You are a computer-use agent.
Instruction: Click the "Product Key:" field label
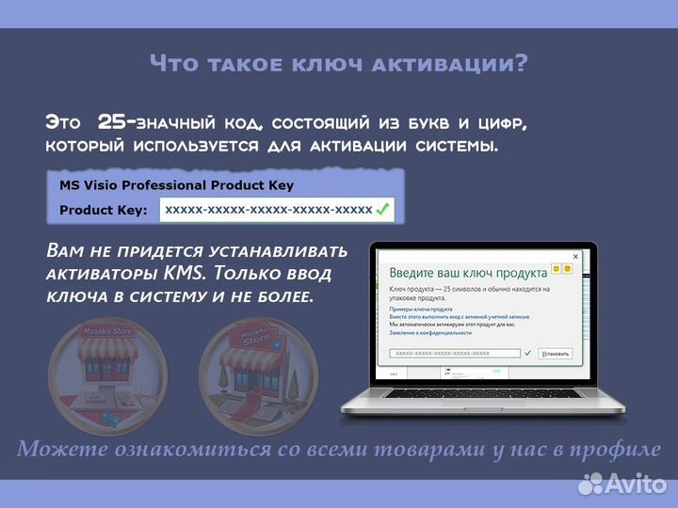click(x=104, y=210)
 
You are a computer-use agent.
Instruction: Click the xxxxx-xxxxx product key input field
click(x=267, y=210)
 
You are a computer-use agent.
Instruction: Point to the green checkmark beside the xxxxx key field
click(x=382, y=210)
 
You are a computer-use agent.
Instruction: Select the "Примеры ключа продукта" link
click(x=421, y=309)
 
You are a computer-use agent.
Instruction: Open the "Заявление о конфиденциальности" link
click(x=431, y=332)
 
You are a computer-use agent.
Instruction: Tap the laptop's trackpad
click(x=482, y=406)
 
